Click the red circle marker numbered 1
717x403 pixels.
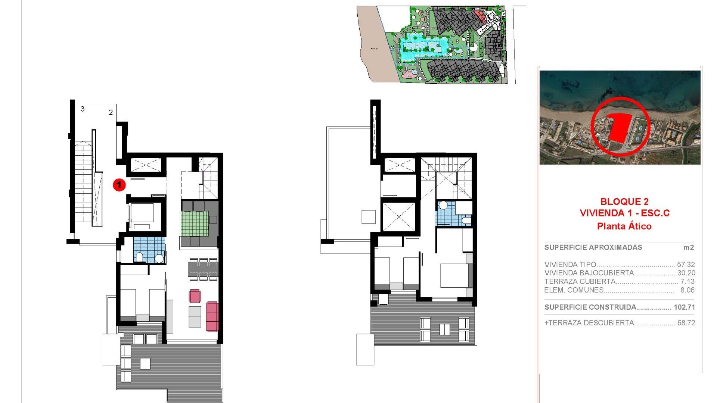click(x=119, y=185)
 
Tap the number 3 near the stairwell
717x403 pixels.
click(x=83, y=109)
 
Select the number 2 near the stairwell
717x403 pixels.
click(x=111, y=112)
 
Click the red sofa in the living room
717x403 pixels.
click(x=212, y=316)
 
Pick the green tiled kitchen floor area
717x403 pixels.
click(x=195, y=224)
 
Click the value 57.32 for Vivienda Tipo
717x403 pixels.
click(x=686, y=265)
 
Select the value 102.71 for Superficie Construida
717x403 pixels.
click(x=684, y=307)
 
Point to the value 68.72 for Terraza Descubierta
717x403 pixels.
click(x=686, y=323)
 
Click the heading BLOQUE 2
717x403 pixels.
click(x=624, y=201)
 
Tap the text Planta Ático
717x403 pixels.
click(x=624, y=226)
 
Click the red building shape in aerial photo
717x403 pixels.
click(x=618, y=127)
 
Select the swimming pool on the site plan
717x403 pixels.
click(x=423, y=47)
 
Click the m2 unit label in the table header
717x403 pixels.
click(x=688, y=247)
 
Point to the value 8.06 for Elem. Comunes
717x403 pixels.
click(x=687, y=290)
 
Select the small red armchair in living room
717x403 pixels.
click(x=195, y=296)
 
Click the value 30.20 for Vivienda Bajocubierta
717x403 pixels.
click(x=686, y=273)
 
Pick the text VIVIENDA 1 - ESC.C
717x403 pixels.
click(x=624, y=213)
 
